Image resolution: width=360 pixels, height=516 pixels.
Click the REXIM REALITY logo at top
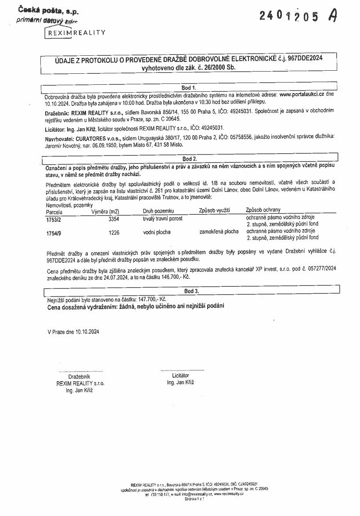(x=75, y=32)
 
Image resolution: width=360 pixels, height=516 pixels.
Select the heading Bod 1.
(x=189, y=87)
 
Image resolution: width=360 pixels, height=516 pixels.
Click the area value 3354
(x=113, y=218)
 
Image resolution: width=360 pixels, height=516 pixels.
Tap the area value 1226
(x=113, y=232)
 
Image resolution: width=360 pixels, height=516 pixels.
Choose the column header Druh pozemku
(x=158, y=210)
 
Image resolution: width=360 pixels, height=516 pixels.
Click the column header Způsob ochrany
(x=263, y=210)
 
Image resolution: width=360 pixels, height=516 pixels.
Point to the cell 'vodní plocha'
(x=157, y=232)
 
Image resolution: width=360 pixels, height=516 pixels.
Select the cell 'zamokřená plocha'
(x=219, y=231)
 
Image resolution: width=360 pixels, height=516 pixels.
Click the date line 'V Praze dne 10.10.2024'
(x=73, y=332)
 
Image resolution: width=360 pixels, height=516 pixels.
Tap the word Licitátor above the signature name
(x=180, y=376)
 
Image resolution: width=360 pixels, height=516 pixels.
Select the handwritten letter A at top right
(x=333, y=16)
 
